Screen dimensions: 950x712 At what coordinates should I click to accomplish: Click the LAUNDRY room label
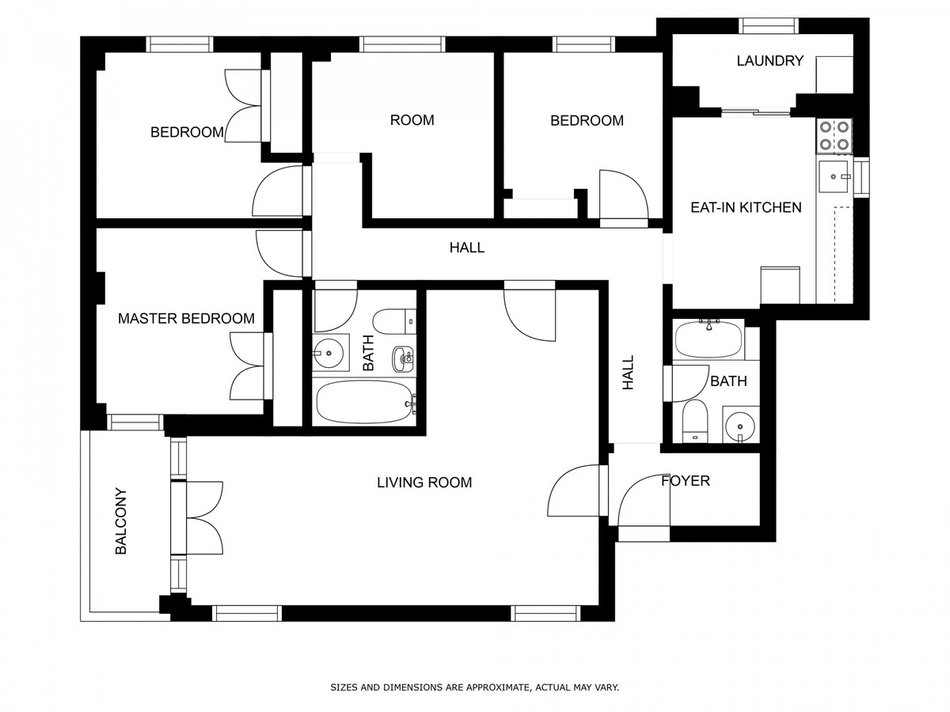770,61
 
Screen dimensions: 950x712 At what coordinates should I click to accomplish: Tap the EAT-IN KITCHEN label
746,207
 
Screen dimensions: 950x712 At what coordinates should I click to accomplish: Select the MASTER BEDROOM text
186,319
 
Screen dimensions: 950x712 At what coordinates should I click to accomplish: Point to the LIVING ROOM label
424,483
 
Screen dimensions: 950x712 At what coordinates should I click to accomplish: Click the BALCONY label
121,521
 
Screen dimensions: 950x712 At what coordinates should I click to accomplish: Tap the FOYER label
686,481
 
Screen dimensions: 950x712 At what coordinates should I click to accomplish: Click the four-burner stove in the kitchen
834,136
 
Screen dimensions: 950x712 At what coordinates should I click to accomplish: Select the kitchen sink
833,176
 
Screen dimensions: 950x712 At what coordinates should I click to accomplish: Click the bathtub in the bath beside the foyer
708,339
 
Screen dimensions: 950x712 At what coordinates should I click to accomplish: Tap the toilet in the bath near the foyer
694,421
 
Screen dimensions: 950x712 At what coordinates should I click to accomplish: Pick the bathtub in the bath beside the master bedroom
364,402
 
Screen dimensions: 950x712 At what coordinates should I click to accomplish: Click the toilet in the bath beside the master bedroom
393,322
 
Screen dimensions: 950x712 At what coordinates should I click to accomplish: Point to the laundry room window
769,26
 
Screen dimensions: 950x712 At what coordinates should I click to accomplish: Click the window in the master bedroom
135,422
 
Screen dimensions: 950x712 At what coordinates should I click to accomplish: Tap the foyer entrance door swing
644,501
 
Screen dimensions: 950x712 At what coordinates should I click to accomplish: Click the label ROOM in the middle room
412,120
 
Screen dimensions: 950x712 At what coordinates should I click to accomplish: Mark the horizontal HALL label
467,248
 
